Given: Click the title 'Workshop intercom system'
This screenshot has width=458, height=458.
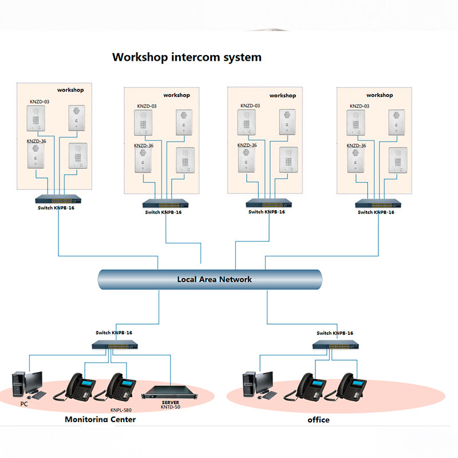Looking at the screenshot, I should point(187,57).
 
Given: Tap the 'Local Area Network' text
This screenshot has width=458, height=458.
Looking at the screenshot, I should point(214,279).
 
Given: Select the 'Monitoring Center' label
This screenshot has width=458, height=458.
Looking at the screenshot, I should point(100,419).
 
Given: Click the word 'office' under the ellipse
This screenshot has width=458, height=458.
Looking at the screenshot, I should point(318,420).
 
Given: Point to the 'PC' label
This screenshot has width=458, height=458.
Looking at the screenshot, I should point(24,404).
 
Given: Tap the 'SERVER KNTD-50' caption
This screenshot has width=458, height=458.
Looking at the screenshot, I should point(171,404).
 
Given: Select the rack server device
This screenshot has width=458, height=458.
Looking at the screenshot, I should point(171,391).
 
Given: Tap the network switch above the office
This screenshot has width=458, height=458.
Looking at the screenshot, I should point(335,345).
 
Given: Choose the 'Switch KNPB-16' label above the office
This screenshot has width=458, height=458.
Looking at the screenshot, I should point(335,333).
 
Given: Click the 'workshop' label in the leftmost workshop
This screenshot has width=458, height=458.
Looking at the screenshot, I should point(70,90).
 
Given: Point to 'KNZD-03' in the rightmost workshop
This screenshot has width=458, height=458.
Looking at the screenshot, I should point(360,106).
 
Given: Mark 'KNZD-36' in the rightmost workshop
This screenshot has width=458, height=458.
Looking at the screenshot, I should point(356,145).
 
